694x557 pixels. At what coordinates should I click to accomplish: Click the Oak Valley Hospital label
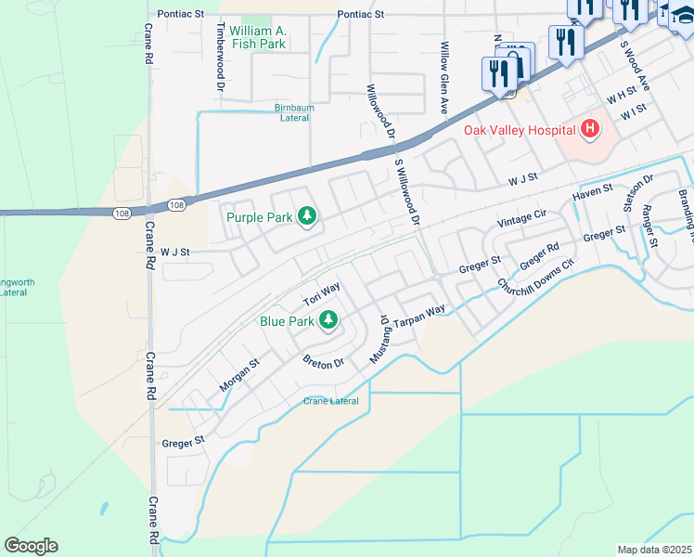(519, 130)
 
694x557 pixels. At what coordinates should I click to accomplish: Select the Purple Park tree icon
(308, 217)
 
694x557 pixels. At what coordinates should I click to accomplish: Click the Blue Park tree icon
(328, 321)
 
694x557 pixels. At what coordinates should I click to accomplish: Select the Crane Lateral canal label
(331, 401)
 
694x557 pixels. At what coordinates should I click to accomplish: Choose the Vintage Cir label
(521, 218)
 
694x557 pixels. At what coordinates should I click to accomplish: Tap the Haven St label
(594, 192)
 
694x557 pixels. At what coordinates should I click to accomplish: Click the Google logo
(31, 546)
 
